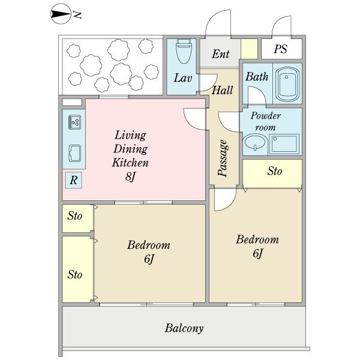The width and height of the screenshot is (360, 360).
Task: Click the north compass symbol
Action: [60, 14]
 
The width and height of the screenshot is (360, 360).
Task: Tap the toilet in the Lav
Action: [183, 51]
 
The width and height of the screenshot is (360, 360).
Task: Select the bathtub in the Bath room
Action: [287, 84]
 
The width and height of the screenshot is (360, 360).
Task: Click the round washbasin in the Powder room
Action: [255, 142]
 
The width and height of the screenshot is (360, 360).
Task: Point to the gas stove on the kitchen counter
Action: [74, 122]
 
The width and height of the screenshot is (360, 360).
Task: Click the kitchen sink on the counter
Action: [75, 154]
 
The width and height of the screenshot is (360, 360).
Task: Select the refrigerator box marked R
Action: [73, 180]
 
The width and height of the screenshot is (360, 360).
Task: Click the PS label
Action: [281, 49]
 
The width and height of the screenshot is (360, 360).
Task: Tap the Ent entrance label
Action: [220, 54]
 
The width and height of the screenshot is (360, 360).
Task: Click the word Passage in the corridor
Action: [223, 158]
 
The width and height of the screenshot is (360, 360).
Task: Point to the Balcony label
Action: [184, 328]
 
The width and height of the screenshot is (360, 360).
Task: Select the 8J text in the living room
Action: [130, 176]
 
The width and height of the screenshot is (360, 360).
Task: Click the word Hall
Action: [222, 90]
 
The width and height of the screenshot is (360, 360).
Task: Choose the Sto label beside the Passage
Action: [275, 171]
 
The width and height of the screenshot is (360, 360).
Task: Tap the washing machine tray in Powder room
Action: [284, 144]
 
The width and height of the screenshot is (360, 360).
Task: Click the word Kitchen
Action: [130, 163]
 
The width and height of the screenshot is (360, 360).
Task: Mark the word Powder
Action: [266, 116]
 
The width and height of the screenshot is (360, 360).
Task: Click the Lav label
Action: [183, 78]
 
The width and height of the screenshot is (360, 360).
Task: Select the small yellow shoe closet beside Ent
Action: [249, 49]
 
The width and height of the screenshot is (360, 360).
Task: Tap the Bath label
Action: [257, 77]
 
